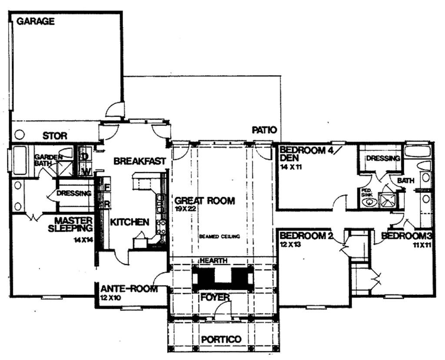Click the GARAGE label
coord(36,21)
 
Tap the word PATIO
coord(264,130)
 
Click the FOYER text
coord(214,297)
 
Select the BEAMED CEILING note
coord(220,236)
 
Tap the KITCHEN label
coord(130,222)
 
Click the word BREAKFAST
coord(139,161)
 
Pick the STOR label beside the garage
coord(55,136)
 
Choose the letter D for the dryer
coord(85,155)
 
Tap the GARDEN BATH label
coord(44,160)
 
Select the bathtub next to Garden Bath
coord(20,161)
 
